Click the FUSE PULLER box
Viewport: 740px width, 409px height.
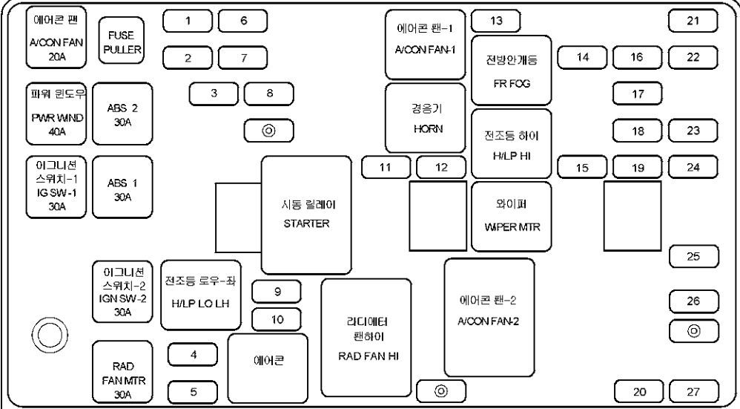pos(120,42)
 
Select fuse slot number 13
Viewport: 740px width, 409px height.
pos(495,21)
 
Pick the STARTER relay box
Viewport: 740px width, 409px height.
pos(305,215)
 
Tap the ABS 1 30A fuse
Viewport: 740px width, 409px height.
pos(122,189)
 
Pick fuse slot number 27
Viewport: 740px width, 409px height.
pos(693,391)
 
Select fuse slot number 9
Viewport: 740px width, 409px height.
pos(277,292)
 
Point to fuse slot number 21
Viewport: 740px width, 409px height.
pos(693,21)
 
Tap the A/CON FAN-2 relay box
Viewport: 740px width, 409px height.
pos(489,318)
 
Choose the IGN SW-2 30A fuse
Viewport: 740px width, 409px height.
pos(123,290)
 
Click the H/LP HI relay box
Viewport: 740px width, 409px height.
pos(511,144)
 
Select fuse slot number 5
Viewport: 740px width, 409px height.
pos(193,391)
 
